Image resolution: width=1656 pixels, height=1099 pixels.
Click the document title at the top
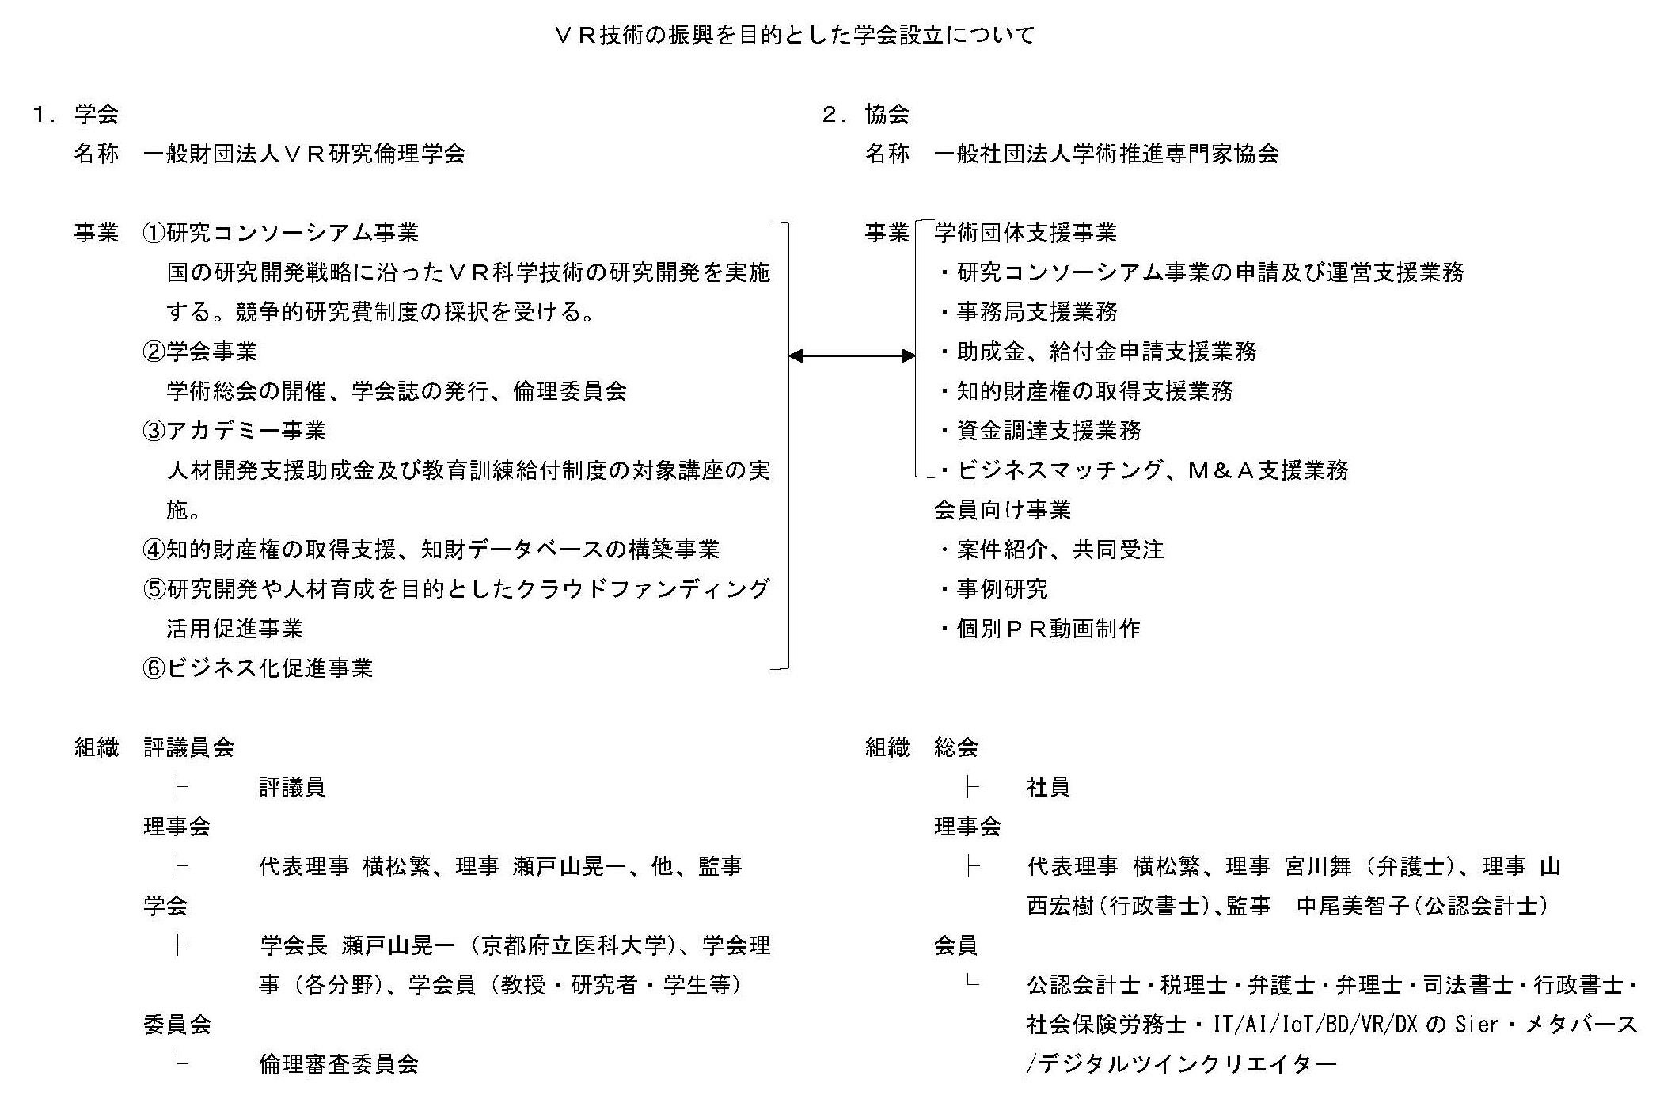click(795, 36)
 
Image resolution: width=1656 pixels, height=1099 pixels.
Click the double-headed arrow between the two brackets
click(852, 356)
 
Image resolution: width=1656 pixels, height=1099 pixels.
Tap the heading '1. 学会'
click(76, 114)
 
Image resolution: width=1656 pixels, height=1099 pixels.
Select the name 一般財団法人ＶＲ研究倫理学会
click(304, 154)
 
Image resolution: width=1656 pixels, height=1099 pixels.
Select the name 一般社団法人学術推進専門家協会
click(1106, 154)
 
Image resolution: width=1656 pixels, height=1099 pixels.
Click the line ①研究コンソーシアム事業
click(281, 233)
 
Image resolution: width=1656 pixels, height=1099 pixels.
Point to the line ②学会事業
click(200, 352)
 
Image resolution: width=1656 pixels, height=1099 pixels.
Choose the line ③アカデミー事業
click(235, 431)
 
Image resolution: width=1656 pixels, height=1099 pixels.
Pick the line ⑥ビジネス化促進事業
click(258, 668)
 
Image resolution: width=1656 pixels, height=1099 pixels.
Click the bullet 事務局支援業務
click(1036, 312)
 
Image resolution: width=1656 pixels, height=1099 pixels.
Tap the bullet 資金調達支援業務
click(1048, 431)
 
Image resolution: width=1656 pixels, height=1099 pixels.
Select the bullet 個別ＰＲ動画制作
click(1048, 629)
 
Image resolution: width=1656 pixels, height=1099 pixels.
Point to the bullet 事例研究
click(1002, 589)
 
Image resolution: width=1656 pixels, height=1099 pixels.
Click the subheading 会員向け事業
click(1002, 510)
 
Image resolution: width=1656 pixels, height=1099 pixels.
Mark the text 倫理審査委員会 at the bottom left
click(339, 1064)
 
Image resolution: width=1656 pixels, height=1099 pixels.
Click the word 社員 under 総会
click(1048, 787)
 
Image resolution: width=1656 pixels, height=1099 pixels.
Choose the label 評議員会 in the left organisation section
click(188, 747)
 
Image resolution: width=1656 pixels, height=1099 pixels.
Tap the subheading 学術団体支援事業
click(1025, 233)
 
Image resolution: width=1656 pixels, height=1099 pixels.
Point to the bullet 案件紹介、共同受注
click(1060, 549)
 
